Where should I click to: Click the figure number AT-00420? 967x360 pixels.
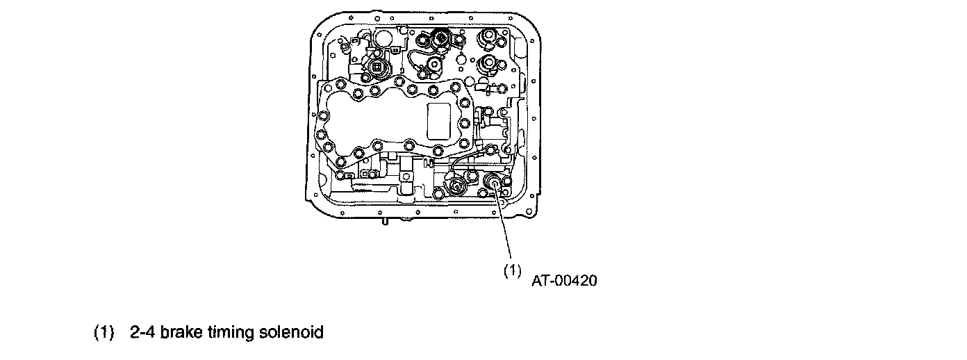tap(565, 281)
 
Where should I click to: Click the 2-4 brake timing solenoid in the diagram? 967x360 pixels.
tap(493, 183)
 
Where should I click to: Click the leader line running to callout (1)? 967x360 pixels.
tap(505, 229)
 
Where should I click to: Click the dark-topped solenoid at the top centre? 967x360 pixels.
tap(440, 39)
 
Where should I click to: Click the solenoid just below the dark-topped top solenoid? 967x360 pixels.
tap(433, 65)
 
